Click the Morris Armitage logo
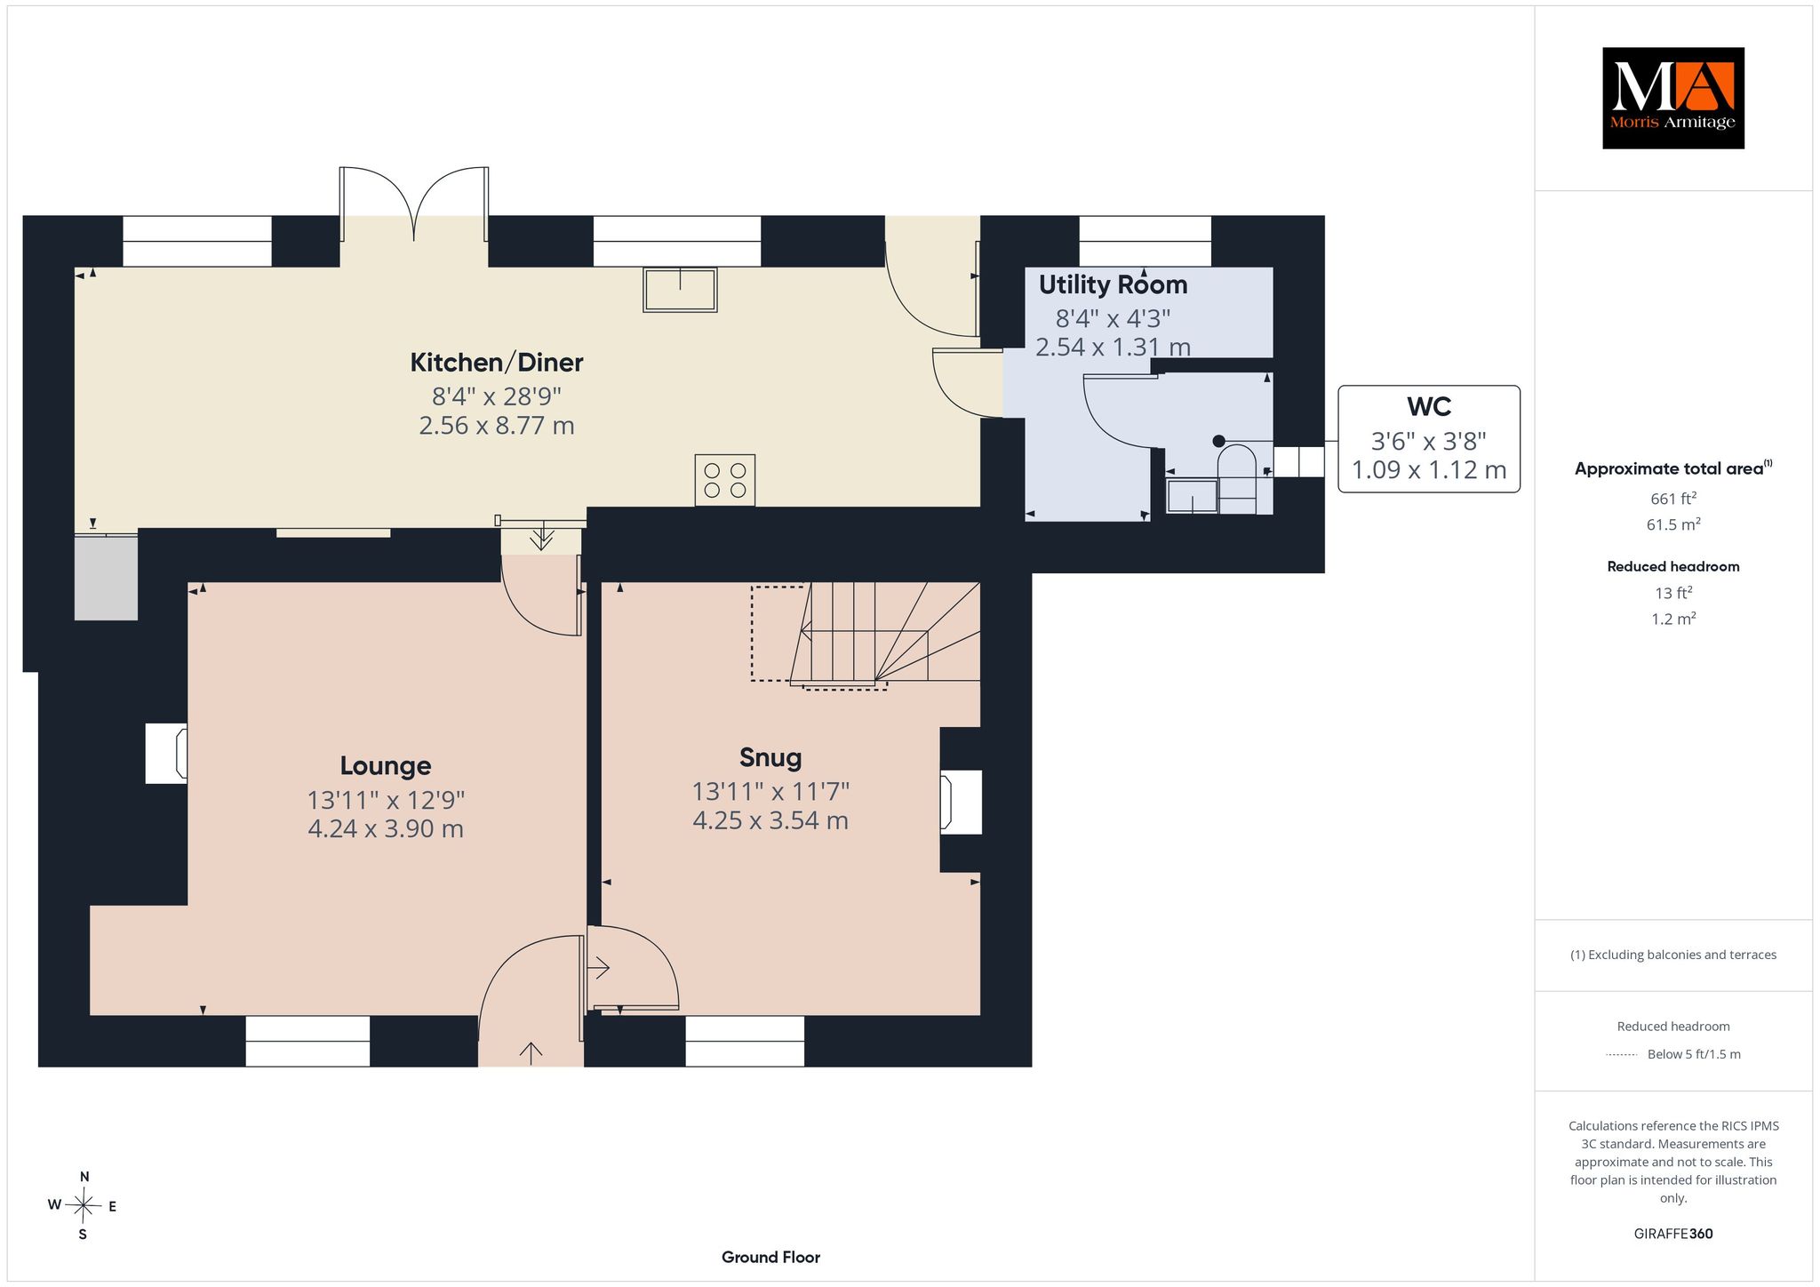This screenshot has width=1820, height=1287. (1672, 98)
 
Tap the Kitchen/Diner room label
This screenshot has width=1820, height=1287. (497, 363)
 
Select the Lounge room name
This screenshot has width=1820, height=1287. (386, 765)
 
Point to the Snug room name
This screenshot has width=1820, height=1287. (770, 757)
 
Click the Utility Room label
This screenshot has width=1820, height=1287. (1113, 284)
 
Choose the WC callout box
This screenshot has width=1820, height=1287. (1429, 439)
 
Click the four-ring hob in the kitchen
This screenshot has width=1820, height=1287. (725, 480)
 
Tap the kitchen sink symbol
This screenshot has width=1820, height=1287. (680, 289)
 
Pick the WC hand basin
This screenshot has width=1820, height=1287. (1192, 496)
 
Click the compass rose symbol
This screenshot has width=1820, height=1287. (84, 1205)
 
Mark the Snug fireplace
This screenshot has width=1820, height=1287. (962, 802)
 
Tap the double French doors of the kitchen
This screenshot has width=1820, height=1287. (414, 204)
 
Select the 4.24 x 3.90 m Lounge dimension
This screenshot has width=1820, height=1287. (386, 829)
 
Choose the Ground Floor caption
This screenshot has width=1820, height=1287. (770, 1257)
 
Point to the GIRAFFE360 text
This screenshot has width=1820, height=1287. (1673, 1234)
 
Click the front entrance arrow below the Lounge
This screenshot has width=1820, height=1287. (531, 1053)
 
